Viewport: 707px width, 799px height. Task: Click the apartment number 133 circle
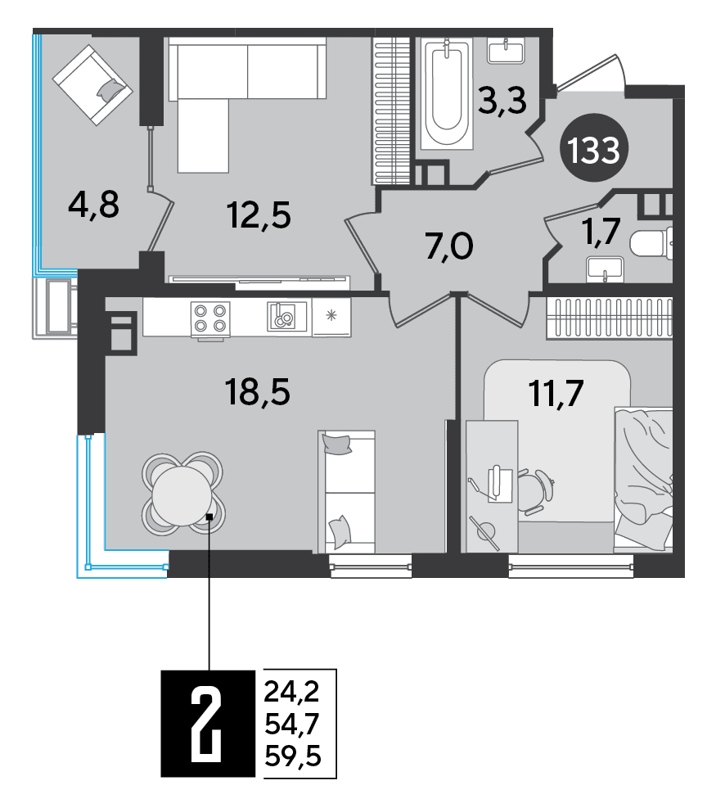coord(594,149)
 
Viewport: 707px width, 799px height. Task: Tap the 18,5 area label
coord(257,392)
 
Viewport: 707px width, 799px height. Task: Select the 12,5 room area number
coord(259,215)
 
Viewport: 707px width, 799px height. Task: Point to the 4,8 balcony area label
coord(94,205)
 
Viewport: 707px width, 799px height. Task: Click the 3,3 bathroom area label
coord(502,101)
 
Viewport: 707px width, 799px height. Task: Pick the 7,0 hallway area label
coord(449,246)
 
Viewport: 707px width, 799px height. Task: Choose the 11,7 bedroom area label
coord(556,394)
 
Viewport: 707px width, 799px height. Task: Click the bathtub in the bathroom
coord(447,93)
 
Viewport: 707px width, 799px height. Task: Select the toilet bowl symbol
coord(651,243)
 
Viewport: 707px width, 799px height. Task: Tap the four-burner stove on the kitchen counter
coord(210,318)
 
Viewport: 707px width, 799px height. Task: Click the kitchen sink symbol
coord(286,317)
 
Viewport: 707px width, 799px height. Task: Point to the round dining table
coord(182,494)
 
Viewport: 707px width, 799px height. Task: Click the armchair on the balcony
coord(92,84)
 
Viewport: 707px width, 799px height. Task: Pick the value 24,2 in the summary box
coord(292,692)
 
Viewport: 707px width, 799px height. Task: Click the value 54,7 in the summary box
coord(292,723)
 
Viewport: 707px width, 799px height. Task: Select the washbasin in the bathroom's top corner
coord(506,51)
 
